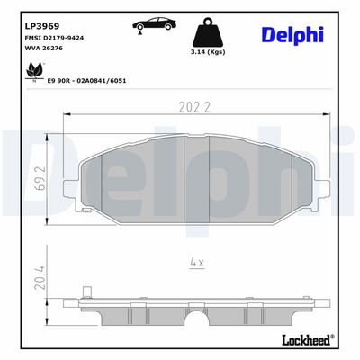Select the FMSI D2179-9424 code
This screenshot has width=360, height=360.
coord(54,38)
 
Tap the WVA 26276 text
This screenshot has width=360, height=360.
coord(44,48)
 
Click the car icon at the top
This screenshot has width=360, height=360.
coord(154,23)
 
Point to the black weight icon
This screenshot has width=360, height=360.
coord(208,32)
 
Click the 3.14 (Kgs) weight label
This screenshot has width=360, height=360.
coord(208,52)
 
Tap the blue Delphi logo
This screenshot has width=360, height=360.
coord(292,35)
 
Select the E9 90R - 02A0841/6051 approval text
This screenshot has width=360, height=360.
coord(86,81)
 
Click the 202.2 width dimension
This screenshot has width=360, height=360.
coord(194,107)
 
